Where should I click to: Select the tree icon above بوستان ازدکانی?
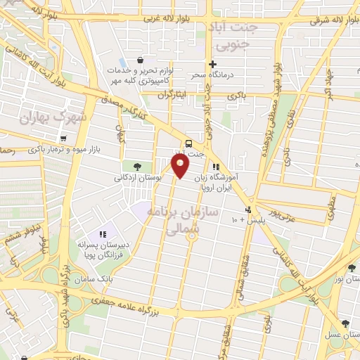tap(136, 167)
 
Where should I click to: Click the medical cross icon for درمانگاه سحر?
tap(212, 64)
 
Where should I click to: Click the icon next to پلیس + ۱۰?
tap(247, 210)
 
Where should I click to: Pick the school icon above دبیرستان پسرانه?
tap(103, 234)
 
